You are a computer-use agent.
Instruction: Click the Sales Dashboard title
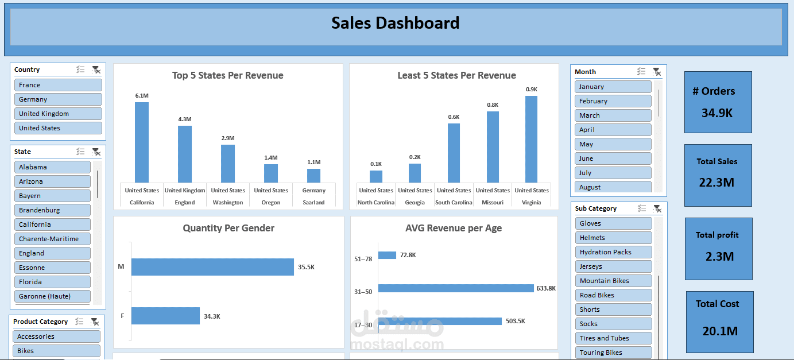point(396,23)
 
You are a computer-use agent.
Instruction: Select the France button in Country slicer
point(58,85)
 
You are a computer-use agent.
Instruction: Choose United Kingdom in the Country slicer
point(58,114)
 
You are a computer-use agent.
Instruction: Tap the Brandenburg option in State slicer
point(52,210)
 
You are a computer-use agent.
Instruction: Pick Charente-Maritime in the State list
point(52,239)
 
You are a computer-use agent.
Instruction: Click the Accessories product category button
point(56,336)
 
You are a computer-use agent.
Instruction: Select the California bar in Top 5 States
point(142,142)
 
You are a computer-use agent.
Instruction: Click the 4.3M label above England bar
point(185,119)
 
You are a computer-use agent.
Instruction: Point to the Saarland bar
point(313,175)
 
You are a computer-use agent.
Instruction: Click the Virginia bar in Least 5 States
point(531,139)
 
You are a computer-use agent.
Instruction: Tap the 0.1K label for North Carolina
point(376,164)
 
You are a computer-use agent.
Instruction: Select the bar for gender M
point(212,267)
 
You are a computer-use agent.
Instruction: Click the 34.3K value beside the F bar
point(212,316)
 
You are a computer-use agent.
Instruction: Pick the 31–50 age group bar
point(456,288)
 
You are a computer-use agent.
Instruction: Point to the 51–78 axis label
point(363,259)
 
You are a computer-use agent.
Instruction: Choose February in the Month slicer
point(613,101)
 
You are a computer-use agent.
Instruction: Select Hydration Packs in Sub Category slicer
point(613,252)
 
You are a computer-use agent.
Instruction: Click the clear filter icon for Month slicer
point(656,72)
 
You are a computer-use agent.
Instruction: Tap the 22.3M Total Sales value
point(717,183)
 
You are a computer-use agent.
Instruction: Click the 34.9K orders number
point(717,113)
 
